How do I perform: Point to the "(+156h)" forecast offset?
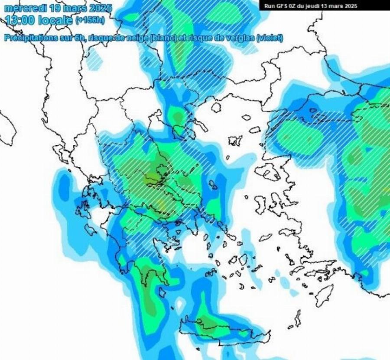click(90, 20)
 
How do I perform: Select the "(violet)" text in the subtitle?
click(269, 38)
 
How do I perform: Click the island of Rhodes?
click(324, 295)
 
